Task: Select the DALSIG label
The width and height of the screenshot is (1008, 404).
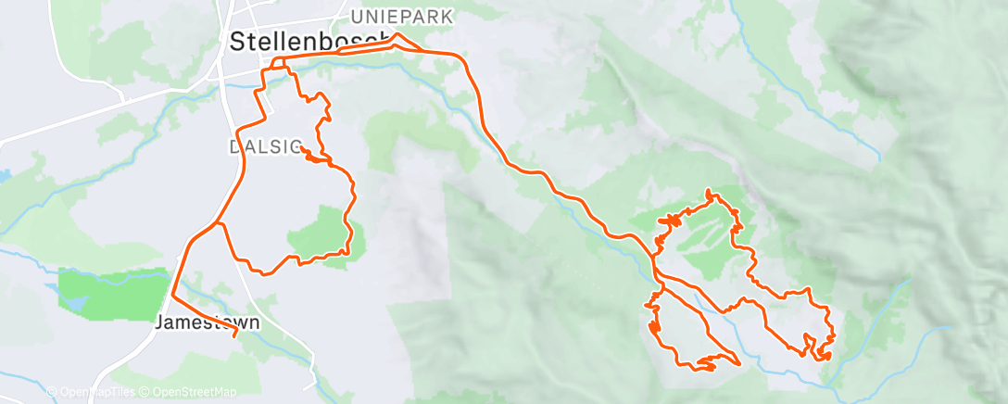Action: (x=252, y=147)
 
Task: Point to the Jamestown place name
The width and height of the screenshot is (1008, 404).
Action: (x=207, y=323)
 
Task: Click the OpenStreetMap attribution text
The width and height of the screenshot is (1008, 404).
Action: (x=189, y=393)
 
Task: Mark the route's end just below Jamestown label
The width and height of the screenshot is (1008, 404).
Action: (x=234, y=336)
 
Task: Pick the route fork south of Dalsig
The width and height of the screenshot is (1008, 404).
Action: (x=219, y=222)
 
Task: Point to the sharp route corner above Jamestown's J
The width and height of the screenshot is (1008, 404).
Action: (x=173, y=296)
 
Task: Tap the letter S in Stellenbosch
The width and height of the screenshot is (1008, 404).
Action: (x=236, y=42)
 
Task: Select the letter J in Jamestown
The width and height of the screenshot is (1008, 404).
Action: (x=159, y=323)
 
